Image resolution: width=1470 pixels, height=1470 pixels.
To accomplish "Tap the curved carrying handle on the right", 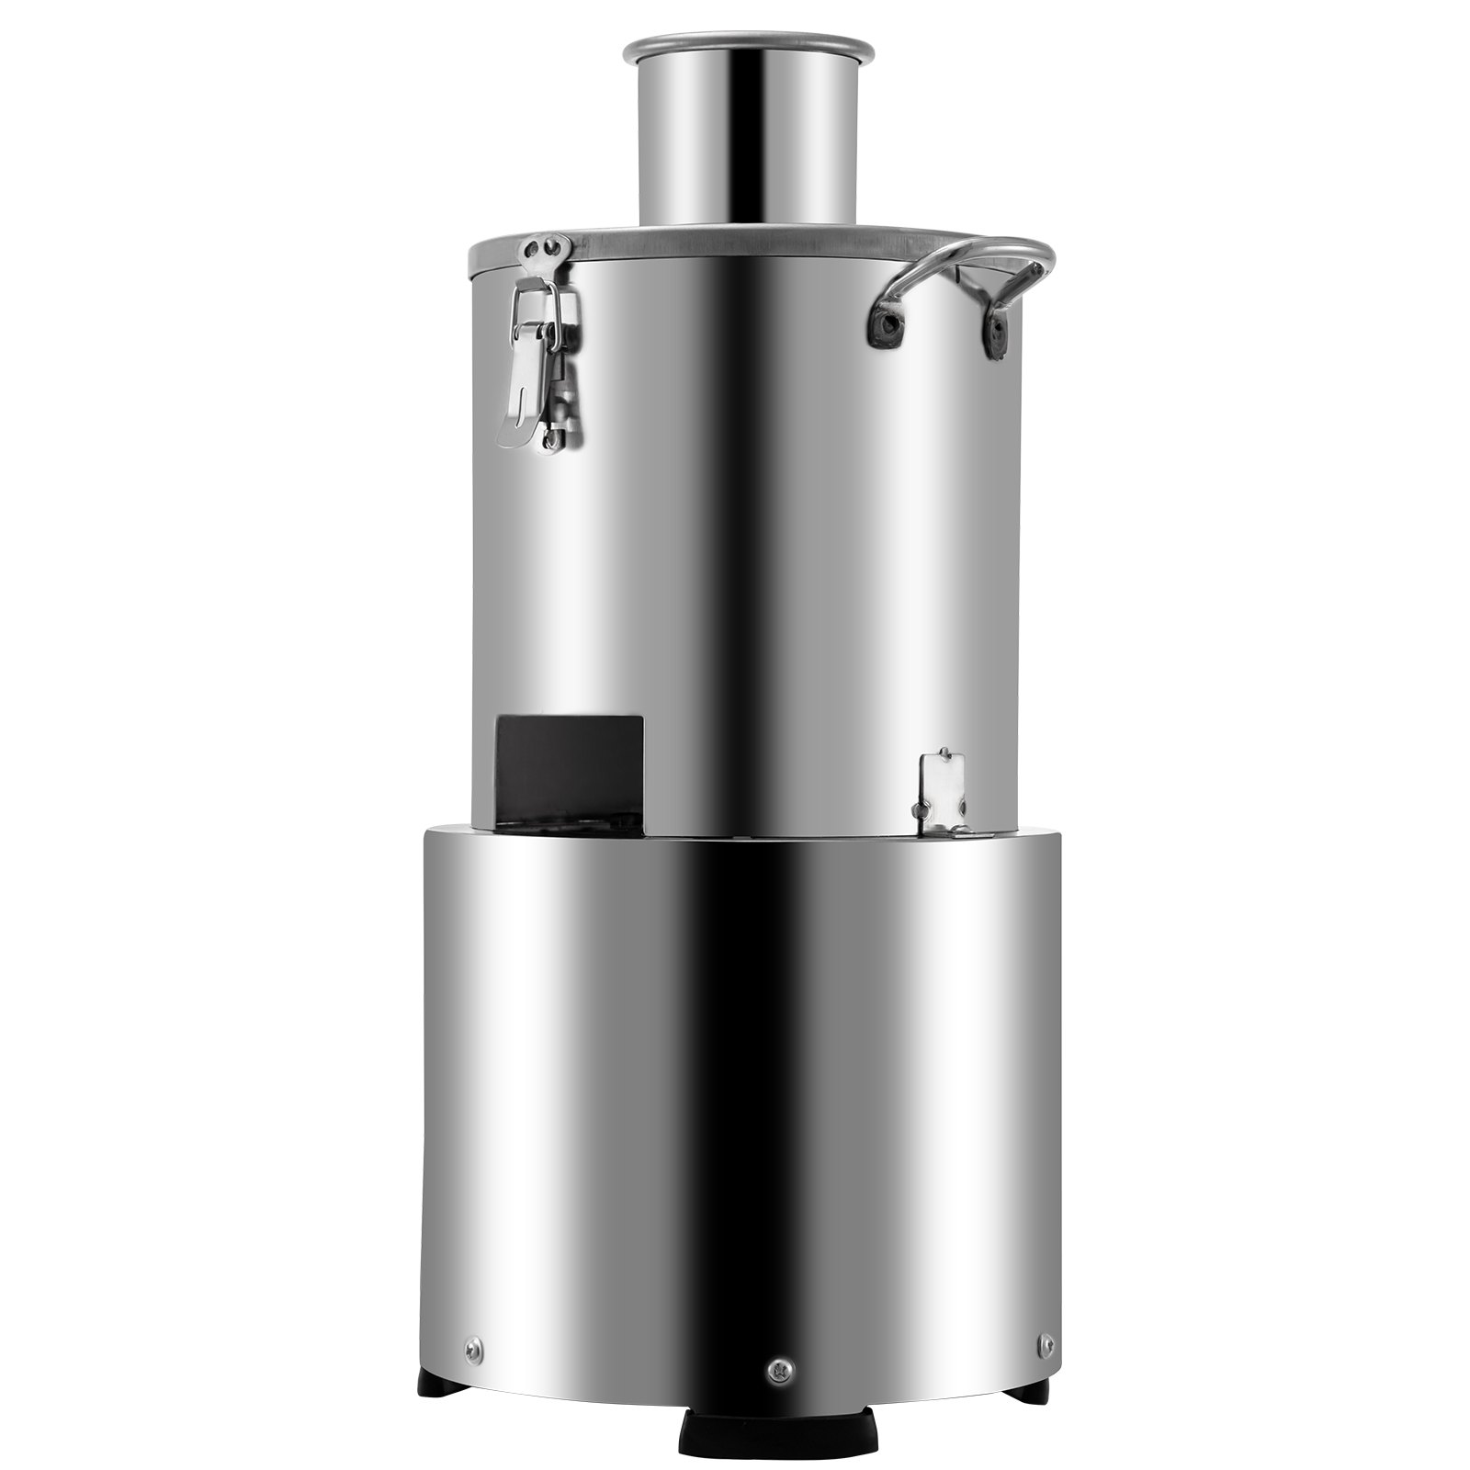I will tap(965, 261).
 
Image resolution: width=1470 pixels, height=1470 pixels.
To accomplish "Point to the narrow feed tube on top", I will tap(748, 138).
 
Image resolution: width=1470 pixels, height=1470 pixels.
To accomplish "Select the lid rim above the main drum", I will tap(735, 241).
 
